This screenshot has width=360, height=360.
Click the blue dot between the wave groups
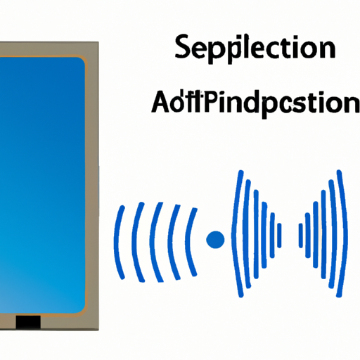click(215, 240)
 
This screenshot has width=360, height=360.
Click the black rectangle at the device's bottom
click(29, 322)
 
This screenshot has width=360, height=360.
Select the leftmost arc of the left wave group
click(120, 239)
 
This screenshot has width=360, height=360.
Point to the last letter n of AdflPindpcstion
click(350, 104)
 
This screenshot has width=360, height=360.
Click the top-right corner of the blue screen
click(82, 61)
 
